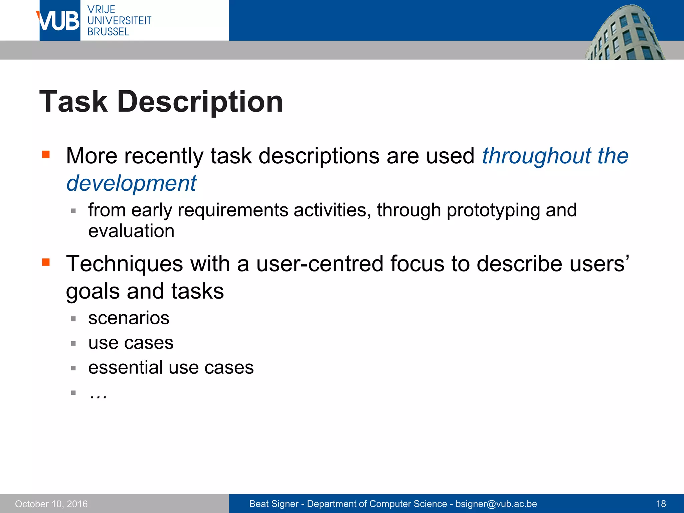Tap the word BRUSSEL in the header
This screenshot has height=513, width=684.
[x=108, y=32]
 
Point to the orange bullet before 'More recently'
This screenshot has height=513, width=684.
[x=46, y=154]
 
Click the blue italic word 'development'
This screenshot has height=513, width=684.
[x=131, y=183]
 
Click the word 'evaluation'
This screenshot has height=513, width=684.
[x=131, y=231]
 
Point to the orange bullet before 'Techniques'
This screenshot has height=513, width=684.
[x=46, y=262]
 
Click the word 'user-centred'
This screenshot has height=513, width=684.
[x=320, y=264]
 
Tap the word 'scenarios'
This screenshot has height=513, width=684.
[x=129, y=318]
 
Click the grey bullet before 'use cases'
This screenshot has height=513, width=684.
[x=73, y=343]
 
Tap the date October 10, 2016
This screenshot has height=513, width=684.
[x=51, y=504]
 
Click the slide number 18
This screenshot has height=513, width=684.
[x=661, y=504]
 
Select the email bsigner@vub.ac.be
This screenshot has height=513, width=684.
[x=496, y=504]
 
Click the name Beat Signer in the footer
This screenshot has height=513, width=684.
[x=274, y=504]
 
